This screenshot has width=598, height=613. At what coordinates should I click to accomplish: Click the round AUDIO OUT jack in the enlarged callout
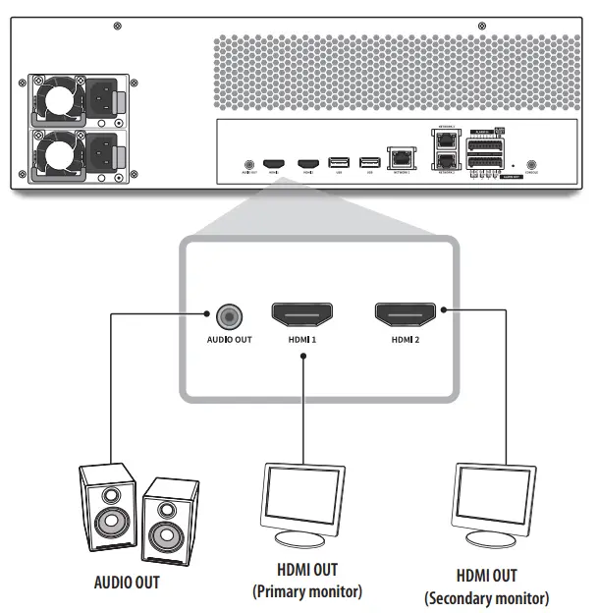[x=227, y=316]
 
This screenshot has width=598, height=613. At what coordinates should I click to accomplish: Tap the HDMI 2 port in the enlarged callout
[x=406, y=315]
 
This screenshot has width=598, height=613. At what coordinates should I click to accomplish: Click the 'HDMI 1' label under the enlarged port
[x=300, y=339]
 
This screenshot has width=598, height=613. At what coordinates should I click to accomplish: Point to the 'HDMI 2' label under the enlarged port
[x=406, y=339]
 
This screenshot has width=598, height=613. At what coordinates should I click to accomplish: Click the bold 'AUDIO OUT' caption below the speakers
[x=127, y=582]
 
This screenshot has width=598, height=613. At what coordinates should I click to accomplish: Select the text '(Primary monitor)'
[x=307, y=591]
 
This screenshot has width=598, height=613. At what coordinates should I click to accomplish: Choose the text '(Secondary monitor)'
[x=486, y=598]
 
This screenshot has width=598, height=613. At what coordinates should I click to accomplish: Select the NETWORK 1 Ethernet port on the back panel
[x=401, y=158]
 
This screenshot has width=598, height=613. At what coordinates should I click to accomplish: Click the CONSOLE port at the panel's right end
[x=531, y=167]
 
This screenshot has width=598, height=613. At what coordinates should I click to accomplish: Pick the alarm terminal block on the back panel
[x=484, y=151]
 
